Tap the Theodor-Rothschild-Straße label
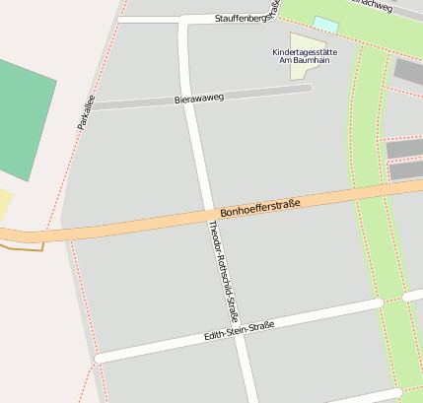223,272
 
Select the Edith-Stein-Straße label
239,331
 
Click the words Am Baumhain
304,60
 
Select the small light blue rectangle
325,23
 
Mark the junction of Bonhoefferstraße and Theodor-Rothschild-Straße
210,214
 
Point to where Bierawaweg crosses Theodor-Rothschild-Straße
192,100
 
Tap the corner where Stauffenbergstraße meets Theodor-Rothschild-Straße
183,20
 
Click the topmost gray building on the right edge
408,70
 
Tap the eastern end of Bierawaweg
309,88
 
